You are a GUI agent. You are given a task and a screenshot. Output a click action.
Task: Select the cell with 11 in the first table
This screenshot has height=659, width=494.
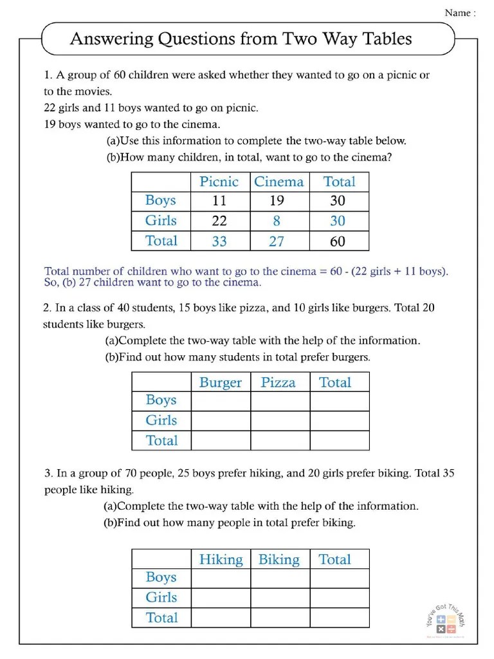click(x=219, y=201)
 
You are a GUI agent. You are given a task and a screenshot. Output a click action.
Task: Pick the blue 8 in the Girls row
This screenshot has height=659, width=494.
click(x=277, y=221)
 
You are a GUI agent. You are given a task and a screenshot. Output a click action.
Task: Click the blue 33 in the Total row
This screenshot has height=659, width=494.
click(x=219, y=241)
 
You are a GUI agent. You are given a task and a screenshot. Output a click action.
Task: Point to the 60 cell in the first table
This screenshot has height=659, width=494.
click(x=338, y=241)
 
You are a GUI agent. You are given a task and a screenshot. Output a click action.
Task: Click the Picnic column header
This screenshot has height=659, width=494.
click(x=219, y=181)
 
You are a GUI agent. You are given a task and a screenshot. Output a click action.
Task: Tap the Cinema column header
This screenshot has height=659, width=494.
click(x=279, y=181)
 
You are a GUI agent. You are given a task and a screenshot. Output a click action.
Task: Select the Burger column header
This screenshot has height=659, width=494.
click(x=221, y=382)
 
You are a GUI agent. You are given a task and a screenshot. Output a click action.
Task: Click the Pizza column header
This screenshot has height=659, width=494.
click(x=279, y=382)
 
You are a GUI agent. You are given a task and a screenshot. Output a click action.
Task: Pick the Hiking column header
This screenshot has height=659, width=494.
click(x=221, y=559)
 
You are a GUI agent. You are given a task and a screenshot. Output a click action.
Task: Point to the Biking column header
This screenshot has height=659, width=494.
click(x=279, y=559)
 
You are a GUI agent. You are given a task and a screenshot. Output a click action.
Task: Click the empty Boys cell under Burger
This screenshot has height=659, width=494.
click(x=221, y=401)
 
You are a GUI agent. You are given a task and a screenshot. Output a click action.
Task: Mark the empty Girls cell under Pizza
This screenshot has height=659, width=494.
click(x=280, y=421)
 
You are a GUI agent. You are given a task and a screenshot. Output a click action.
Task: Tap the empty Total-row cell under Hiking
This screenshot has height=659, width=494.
click(x=221, y=618)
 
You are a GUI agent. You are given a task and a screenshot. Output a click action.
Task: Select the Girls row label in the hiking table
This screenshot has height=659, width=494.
click(x=161, y=597)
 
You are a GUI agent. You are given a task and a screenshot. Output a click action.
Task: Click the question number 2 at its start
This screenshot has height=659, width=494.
click(x=47, y=308)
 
